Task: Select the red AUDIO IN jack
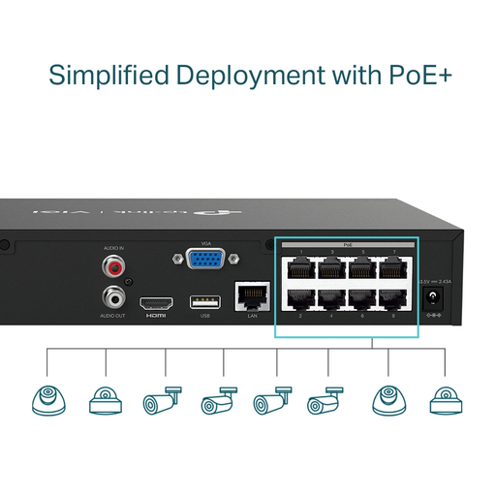tap(113, 265)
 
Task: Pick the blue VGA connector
tap(204, 262)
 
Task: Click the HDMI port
tap(156, 301)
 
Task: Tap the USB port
tap(204, 301)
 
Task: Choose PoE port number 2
tap(298, 298)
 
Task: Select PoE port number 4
tap(329, 298)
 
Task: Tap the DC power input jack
tap(434, 298)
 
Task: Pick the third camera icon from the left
tap(162, 402)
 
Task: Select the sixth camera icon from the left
tap(325, 402)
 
